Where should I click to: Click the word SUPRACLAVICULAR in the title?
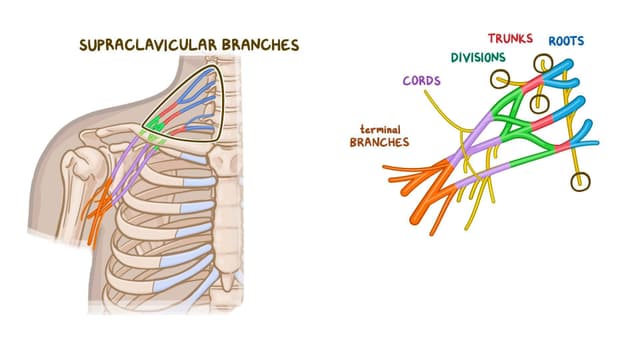click(x=148, y=45)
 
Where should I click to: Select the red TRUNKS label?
click(x=510, y=38)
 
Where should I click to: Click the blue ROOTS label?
click(x=566, y=41)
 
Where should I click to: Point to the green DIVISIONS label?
click(x=478, y=58)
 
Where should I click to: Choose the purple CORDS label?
click(x=422, y=80)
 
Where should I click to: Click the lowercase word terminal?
click(x=380, y=129)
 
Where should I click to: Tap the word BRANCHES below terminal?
click(x=380, y=142)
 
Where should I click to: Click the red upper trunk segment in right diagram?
click(x=532, y=84)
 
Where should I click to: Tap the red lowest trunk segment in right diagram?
click(x=562, y=147)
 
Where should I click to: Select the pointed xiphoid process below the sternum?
click(x=227, y=281)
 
